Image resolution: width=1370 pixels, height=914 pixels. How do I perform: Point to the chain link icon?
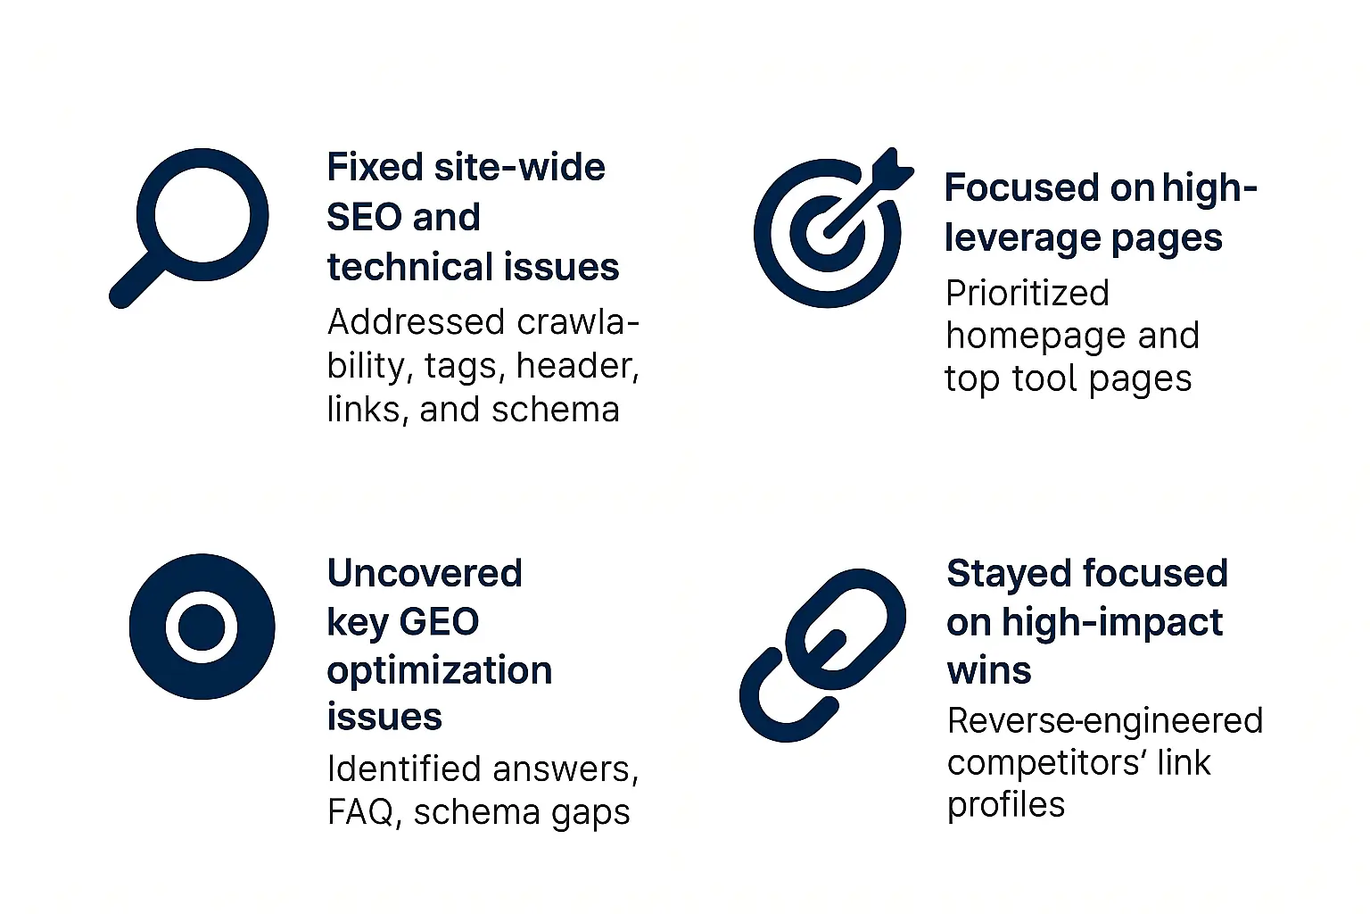(x=822, y=655)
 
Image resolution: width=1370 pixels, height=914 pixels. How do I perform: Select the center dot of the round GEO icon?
(x=202, y=627)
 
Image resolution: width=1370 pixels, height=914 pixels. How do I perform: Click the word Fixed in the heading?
(x=375, y=167)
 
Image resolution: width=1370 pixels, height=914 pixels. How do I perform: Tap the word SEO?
(x=364, y=217)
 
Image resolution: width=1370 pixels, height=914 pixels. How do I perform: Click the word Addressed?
(x=417, y=321)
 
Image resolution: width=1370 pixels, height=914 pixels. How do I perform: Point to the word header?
(x=578, y=365)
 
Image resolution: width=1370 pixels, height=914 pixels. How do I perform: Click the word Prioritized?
(x=1027, y=293)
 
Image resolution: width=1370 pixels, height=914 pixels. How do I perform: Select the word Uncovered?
(x=425, y=573)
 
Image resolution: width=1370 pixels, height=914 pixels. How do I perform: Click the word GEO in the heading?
(x=439, y=621)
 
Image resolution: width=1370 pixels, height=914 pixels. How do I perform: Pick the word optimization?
(x=440, y=671)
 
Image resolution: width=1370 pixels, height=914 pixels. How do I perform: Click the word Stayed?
(x=1009, y=575)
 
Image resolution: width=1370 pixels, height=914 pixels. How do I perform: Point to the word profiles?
(x=1006, y=805)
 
